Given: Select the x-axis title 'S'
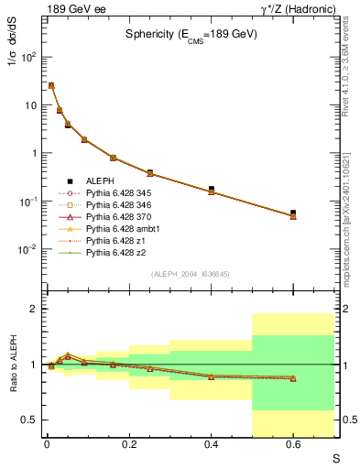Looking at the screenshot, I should coord(337,456).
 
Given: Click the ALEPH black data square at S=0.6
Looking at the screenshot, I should coord(293,213).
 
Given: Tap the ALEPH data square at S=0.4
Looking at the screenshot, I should coord(212,190).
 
